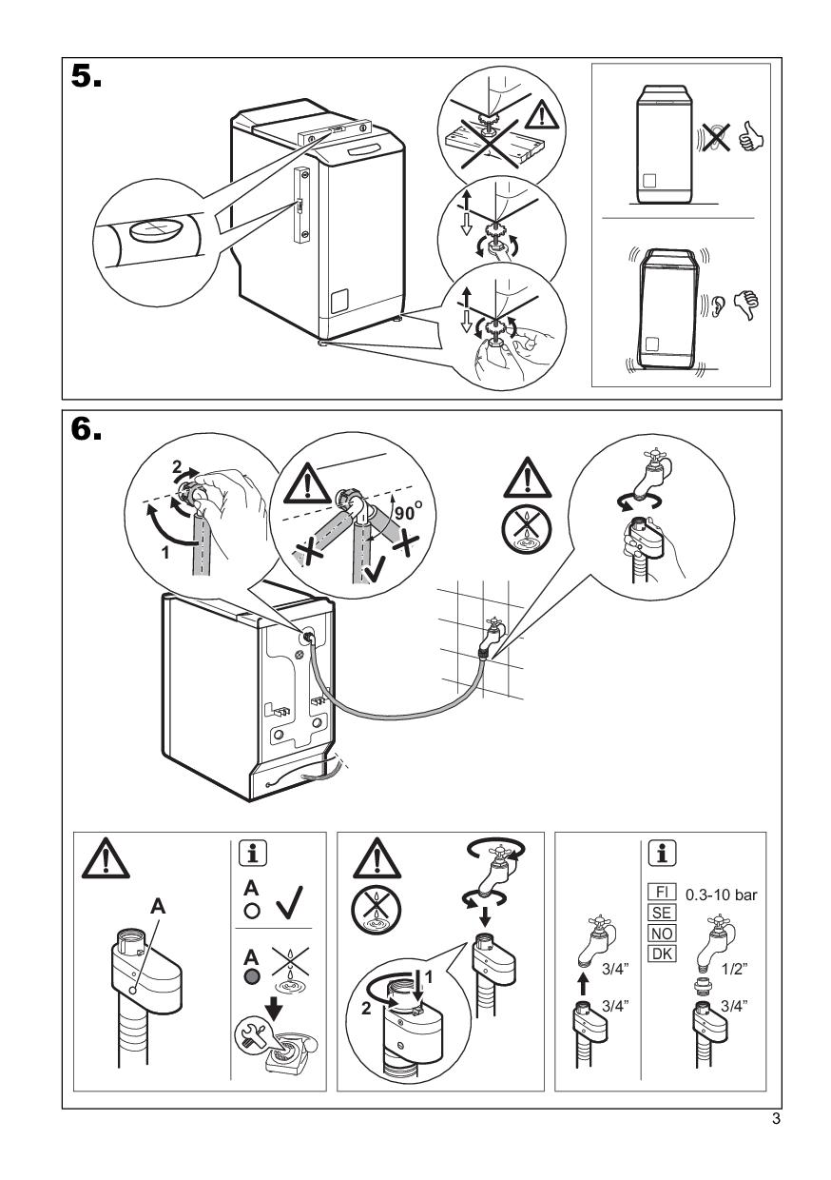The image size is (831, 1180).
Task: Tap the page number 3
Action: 776,1119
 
